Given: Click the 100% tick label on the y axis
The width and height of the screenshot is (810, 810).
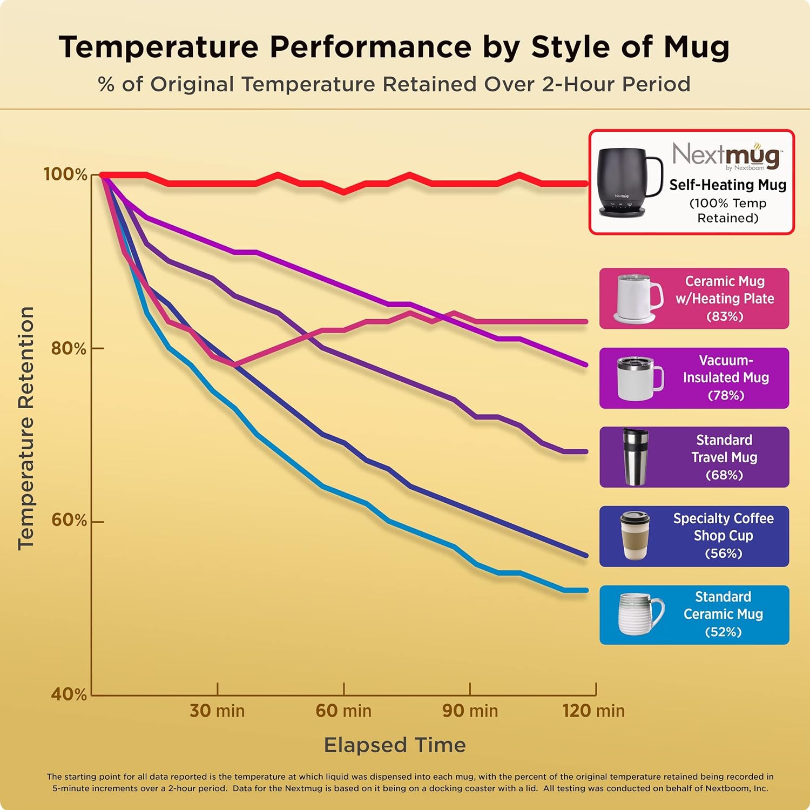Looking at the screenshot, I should coord(65,174).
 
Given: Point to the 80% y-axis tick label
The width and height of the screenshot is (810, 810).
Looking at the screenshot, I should coord(69,348).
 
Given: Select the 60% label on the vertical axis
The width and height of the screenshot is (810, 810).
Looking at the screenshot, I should coord(69,520).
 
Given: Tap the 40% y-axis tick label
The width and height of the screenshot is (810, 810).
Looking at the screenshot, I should coord(69,694).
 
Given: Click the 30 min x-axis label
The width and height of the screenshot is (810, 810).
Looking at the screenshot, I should coord(217,711).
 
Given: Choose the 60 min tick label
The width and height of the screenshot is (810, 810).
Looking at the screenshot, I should coord(343,711).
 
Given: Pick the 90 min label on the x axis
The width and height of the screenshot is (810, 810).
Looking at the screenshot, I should coord(470,711).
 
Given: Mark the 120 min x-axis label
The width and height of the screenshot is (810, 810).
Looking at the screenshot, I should coord(593,711).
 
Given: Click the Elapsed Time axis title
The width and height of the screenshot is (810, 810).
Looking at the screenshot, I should coord(395,745).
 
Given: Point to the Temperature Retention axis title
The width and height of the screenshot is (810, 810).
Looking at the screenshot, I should coord(26,428).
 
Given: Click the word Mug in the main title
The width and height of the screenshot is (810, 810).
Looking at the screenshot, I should coord(696,48).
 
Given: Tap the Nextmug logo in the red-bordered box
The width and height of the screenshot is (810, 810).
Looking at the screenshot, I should coord(726,155).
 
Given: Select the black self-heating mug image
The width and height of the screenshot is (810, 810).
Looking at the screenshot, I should coord(629,181).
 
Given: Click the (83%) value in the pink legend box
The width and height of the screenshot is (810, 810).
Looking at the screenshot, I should coord(725,316).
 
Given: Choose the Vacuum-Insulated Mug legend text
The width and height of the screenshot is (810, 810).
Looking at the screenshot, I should coord(726,369).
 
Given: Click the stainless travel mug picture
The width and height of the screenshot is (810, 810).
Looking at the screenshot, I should coord(634,457).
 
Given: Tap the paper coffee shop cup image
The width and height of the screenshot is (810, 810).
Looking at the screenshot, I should coord(634,536).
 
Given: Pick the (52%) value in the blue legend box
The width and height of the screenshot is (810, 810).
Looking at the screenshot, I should coord(723,632).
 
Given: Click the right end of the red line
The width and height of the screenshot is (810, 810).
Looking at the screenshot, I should coord(586,184).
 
